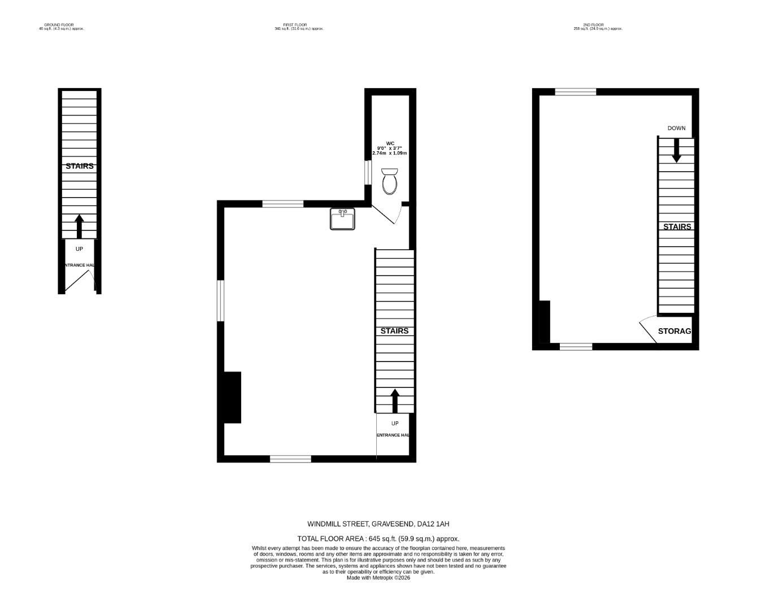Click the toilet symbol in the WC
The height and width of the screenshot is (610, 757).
[x=390, y=181]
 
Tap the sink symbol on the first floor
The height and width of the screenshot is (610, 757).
[x=342, y=219]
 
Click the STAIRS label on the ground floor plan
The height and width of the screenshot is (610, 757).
[x=80, y=166]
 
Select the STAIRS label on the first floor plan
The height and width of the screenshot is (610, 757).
[x=394, y=331]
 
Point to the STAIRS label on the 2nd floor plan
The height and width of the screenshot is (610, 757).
[x=677, y=226]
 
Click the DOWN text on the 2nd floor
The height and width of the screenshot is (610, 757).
[x=676, y=128]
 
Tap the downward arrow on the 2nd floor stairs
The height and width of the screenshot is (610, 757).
[x=676, y=151]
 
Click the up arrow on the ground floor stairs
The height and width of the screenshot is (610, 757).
[x=79, y=226]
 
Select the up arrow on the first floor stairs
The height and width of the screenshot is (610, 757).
[x=395, y=400]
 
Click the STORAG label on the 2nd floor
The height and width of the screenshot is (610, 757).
[x=675, y=331]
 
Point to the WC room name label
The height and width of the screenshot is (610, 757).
[x=390, y=143]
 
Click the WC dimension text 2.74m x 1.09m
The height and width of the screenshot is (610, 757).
[x=390, y=153]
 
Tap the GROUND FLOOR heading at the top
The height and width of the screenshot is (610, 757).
[x=59, y=25]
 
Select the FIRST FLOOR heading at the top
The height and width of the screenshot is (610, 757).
[x=295, y=25]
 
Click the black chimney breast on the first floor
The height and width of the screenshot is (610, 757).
[x=233, y=397]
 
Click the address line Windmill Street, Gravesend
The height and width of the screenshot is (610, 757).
[x=378, y=524]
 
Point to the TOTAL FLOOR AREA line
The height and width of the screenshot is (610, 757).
[x=378, y=539]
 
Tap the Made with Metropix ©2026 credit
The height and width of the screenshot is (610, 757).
[x=378, y=578]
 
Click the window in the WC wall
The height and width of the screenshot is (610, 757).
[x=367, y=172]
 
